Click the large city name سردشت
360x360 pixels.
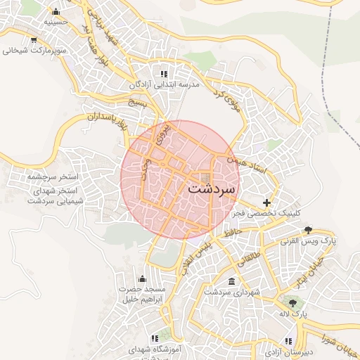click(x=213, y=190)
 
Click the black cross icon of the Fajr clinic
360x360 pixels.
click(x=266, y=202)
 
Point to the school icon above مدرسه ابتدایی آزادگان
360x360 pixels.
click(x=164, y=73)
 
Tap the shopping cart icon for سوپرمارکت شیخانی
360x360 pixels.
click(x=34, y=39)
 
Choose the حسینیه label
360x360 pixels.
click(x=56, y=22)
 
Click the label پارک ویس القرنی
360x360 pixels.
click(x=309, y=240)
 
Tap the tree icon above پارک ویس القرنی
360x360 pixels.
click(x=308, y=230)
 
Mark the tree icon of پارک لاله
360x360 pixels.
click(x=292, y=302)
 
